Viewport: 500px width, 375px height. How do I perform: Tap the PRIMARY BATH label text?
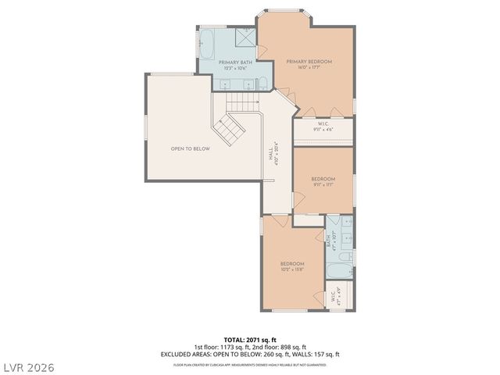(x=235, y=65)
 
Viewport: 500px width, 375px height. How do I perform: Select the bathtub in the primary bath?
(x=209, y=43)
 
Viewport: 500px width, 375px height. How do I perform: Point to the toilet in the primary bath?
(x=263, y=84)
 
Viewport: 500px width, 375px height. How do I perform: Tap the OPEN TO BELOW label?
(x=191, y=148)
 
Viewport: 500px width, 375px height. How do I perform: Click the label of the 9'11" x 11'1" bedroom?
(x=323, y=182)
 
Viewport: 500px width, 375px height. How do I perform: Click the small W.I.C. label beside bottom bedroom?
(x=334, y=297)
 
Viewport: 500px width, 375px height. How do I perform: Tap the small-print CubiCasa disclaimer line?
(x=250, y=364)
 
